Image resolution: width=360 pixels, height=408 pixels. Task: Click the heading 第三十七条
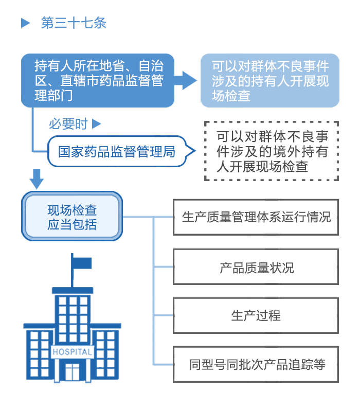coord(74,23)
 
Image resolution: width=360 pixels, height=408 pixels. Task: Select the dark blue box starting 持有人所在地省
coord(98,80)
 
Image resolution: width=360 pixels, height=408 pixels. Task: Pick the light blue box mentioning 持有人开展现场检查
coord(269,80)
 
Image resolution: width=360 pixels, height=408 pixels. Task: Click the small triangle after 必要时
coord(96,124)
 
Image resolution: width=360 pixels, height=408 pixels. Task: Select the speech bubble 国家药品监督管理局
coord(116,151)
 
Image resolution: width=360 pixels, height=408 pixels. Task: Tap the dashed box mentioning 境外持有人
coord(272,151)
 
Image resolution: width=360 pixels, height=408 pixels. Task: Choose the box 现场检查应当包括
coord(72,217)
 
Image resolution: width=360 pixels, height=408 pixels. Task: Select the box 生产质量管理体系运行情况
coord(256,217)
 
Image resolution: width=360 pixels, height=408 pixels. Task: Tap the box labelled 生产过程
coord(256,315)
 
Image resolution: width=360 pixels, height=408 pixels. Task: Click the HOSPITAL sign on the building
coord(73,352)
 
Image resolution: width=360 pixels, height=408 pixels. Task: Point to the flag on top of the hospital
coord(81,263)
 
